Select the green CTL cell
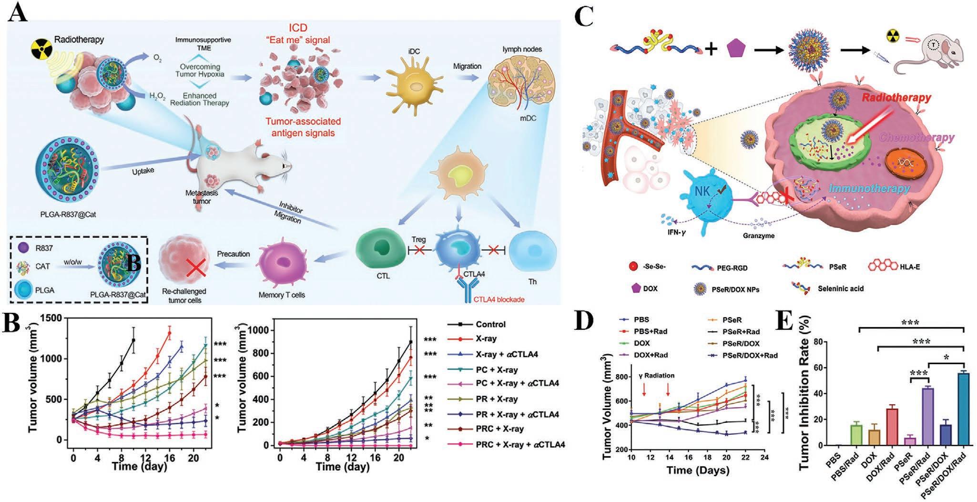tap(380, 248)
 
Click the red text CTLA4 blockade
tap(498, 299)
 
